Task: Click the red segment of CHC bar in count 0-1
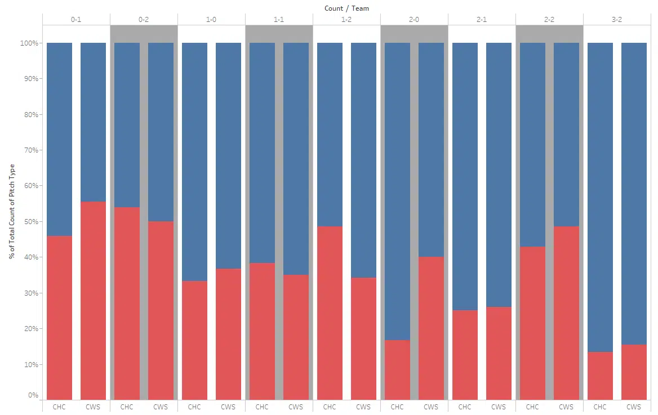(x=59, y=318)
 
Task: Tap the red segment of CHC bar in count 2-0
(x=397, y=370)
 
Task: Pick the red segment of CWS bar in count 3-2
(x=634, y=372)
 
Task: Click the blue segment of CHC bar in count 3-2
(x=600, y=197)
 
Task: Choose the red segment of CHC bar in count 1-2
(x=330, y=313)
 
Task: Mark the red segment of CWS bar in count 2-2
(x=566, y=313)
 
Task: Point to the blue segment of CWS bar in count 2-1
(x=499, y=175)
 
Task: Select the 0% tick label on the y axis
(x=32, y=395)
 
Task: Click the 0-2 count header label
(x=144, y=20)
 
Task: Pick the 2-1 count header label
(x=482, y=20)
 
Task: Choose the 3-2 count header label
(x=617, y=20)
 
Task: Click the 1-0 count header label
(x=211, y=20)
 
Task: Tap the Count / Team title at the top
(x=346, y=8)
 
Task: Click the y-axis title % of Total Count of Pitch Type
(x=12, y=211)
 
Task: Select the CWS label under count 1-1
(x=296, y=407)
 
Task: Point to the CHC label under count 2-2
(x=532, y=407)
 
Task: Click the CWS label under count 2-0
(x=431, y=407)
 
